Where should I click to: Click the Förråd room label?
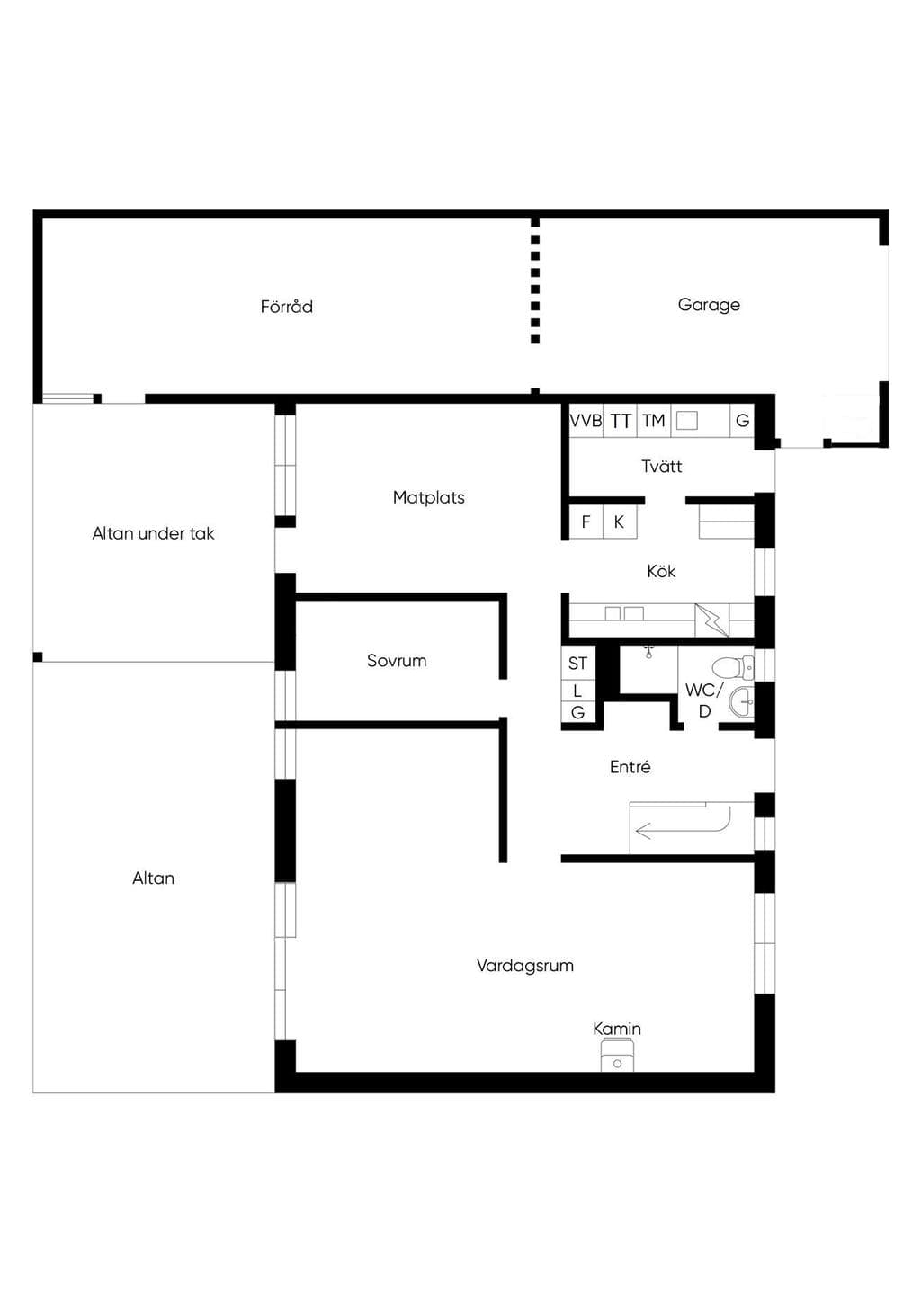pos(286,307)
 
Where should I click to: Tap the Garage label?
pos(709,305)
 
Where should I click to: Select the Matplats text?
pos(428,497)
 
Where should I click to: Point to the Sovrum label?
pos(397,660)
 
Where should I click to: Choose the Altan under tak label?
pos(154,533)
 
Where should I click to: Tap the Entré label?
pos(630,767)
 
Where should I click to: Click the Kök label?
pos(661,571)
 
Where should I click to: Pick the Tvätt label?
pos(662,466)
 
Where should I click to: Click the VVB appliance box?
pos(586,420)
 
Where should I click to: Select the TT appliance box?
pos(621,420)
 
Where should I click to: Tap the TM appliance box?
pos(654,420)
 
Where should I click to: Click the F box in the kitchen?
pos(586,522)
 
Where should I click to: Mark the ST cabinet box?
pos(578,663)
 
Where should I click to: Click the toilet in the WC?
pos(733,667)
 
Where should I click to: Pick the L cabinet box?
pos(578,691)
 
